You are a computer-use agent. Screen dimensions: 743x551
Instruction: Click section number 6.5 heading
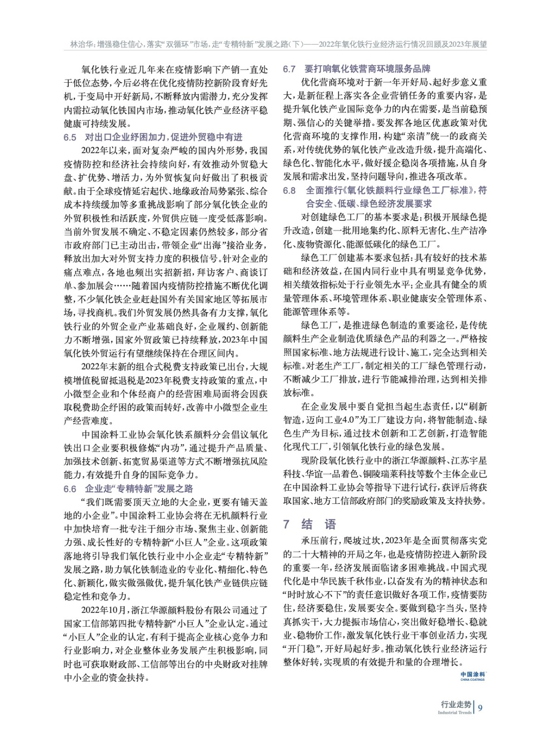click(x=70, y=137)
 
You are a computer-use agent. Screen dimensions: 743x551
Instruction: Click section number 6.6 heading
click(x=70, y=489)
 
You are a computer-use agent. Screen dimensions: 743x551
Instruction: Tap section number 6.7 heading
click(x=289, y=69)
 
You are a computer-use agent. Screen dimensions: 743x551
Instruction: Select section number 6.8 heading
click(x=289, y=191)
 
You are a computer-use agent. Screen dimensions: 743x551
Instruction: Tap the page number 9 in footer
click(x=480, y=708)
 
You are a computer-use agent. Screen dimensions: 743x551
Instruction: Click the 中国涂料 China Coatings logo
click(x=473, y=676)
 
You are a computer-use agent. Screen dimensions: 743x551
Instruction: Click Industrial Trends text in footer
click(x=454, y=712)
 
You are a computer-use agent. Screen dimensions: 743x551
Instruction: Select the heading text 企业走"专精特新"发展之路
click(x=139, y=489)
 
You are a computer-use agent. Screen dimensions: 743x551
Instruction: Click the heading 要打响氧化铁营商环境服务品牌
click(x=367, y=69)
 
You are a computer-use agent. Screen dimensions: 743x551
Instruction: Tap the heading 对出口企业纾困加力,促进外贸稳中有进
click(x=163, y=137)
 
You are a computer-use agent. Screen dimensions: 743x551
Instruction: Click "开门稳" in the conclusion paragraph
click(x=299, y=649)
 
